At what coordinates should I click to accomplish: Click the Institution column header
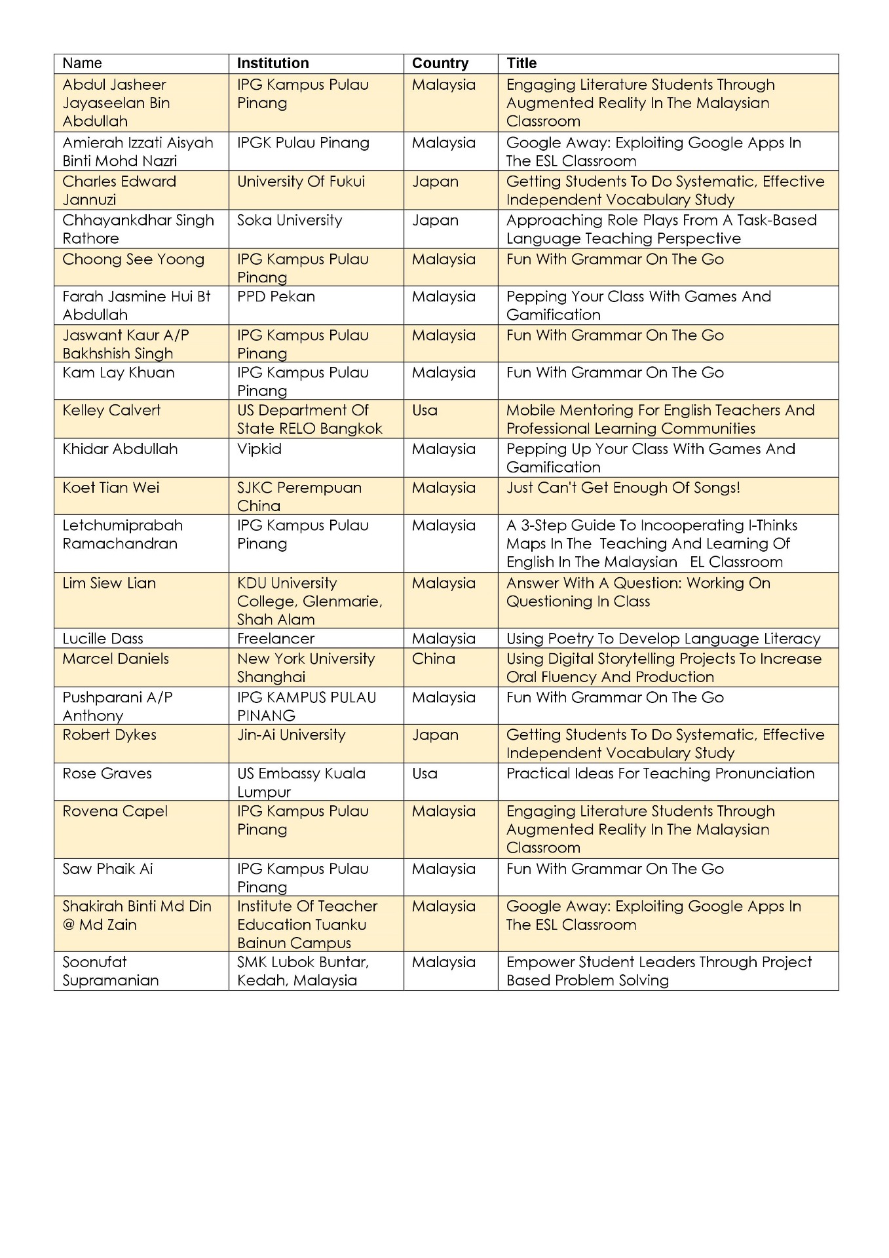[273, 64]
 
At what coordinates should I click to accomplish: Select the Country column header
[440, 64]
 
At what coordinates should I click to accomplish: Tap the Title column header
[521, 64]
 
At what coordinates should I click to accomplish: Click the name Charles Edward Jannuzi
[119, 191]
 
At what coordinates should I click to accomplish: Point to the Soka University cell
[290, 221]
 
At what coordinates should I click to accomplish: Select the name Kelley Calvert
[111, 411]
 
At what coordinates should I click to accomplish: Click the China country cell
[433, 659]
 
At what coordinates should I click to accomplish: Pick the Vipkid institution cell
[259, 449]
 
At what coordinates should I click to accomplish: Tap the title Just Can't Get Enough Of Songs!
[623, 488]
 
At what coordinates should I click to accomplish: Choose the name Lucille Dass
[103, 639]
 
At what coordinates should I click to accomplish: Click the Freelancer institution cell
[276, 639]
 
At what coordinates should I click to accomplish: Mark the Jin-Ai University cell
[291, 735]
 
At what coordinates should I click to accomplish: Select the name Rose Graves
[107, 774]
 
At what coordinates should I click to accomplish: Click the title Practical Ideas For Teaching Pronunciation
[660, 774]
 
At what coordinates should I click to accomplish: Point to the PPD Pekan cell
[276, 297]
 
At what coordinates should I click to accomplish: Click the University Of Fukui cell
[301, 182]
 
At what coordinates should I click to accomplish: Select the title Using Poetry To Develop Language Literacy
[663, 639]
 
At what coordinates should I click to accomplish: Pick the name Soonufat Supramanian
[110, 971]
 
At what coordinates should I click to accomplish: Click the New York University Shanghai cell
[306, 668]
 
